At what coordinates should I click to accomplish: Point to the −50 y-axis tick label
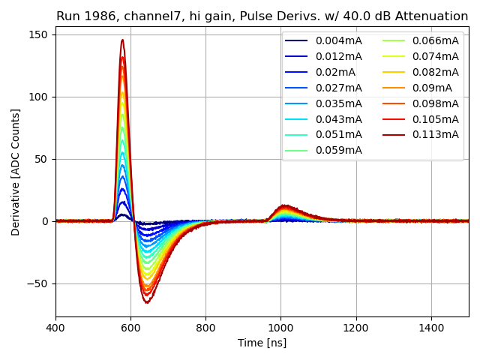(x=38, y=283)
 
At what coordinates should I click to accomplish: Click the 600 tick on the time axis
(x=130, y=327)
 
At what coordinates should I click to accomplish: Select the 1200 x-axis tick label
(x=356, y=327)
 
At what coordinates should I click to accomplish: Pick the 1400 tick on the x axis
(x=431, y=327)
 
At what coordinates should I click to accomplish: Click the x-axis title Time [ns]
(x=262, y=343)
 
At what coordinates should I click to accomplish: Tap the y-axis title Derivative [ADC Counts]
(x=16, y=172)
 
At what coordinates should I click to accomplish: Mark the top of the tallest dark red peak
(x=122, y=40)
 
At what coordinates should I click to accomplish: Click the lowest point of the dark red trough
(x=147, y=303)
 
